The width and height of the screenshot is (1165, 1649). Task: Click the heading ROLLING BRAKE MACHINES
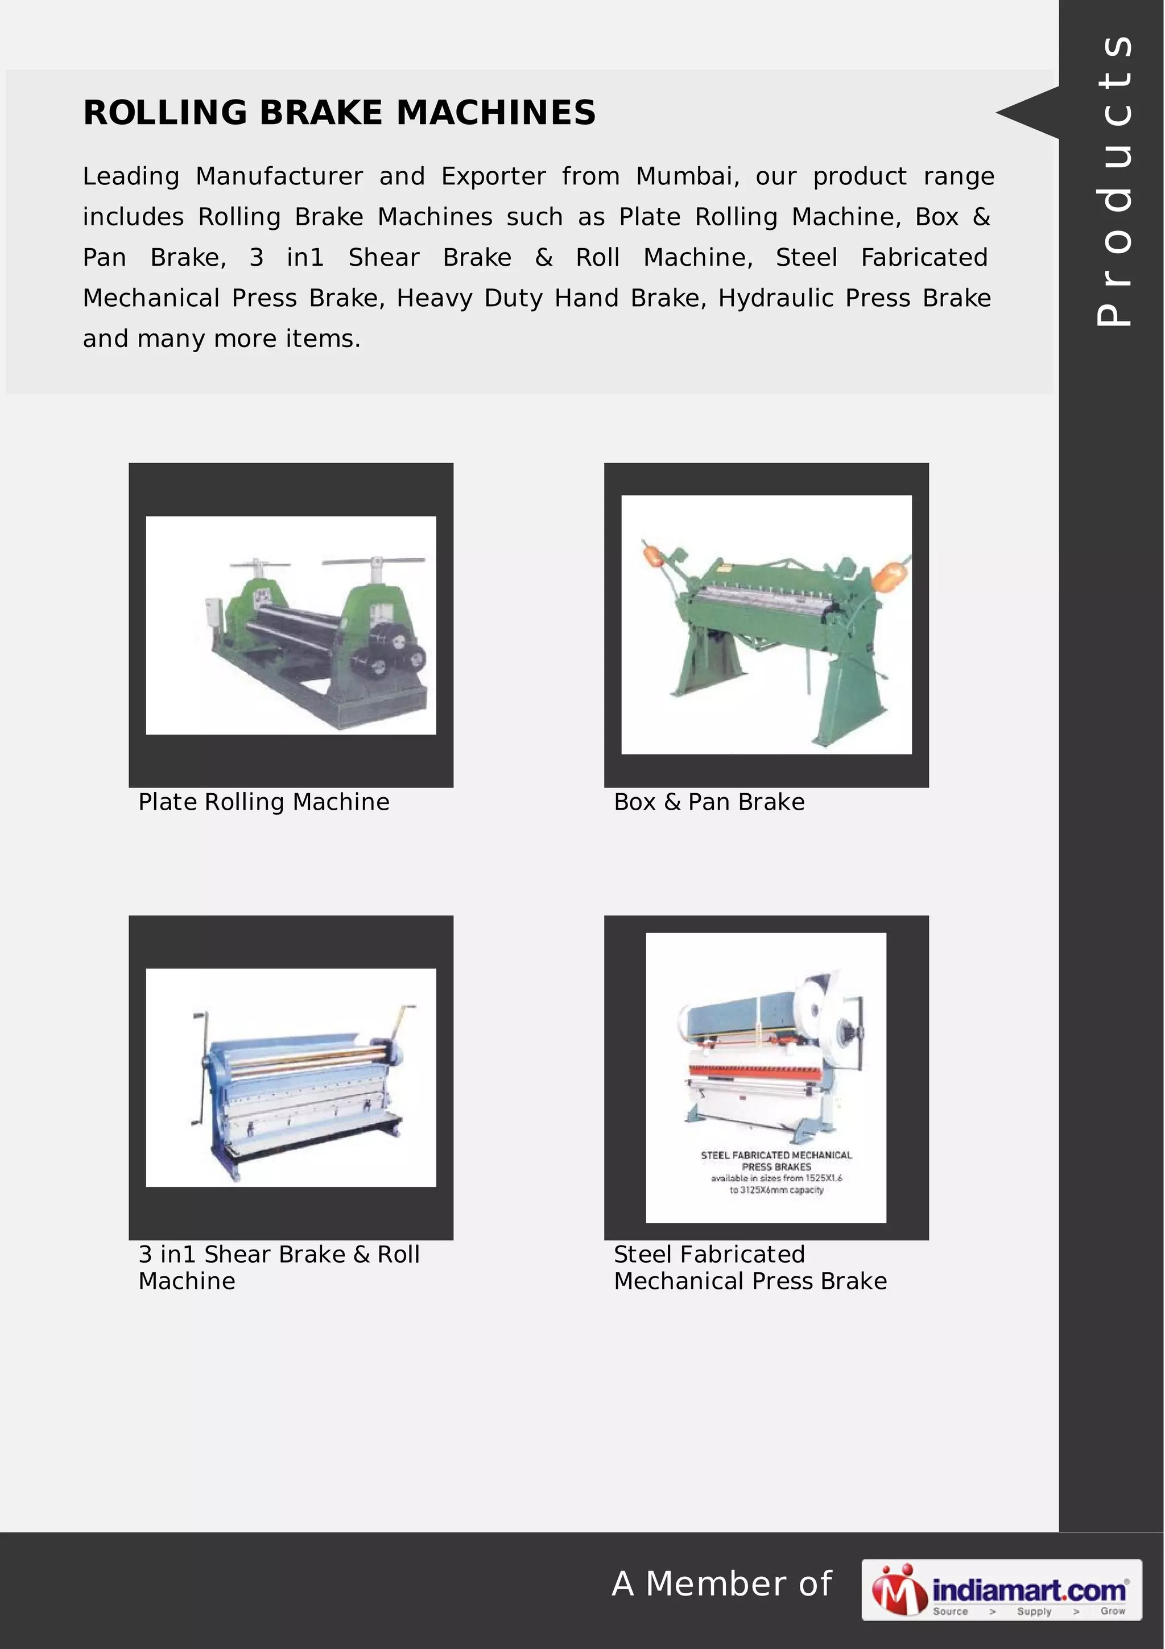(x=339, y=113)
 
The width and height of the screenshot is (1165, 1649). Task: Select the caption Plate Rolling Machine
(x=263, y=802)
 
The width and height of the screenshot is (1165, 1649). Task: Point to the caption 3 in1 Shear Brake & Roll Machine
(x=279, y=1267)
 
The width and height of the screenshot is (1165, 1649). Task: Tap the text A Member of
(x=721, y=1584)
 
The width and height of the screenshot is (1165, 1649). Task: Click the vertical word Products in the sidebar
(x=1114, y=180)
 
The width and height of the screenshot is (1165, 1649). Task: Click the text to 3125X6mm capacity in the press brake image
(x=776, y=1190)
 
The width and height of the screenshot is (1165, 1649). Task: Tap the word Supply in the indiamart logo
(x=1034, y=1611)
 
